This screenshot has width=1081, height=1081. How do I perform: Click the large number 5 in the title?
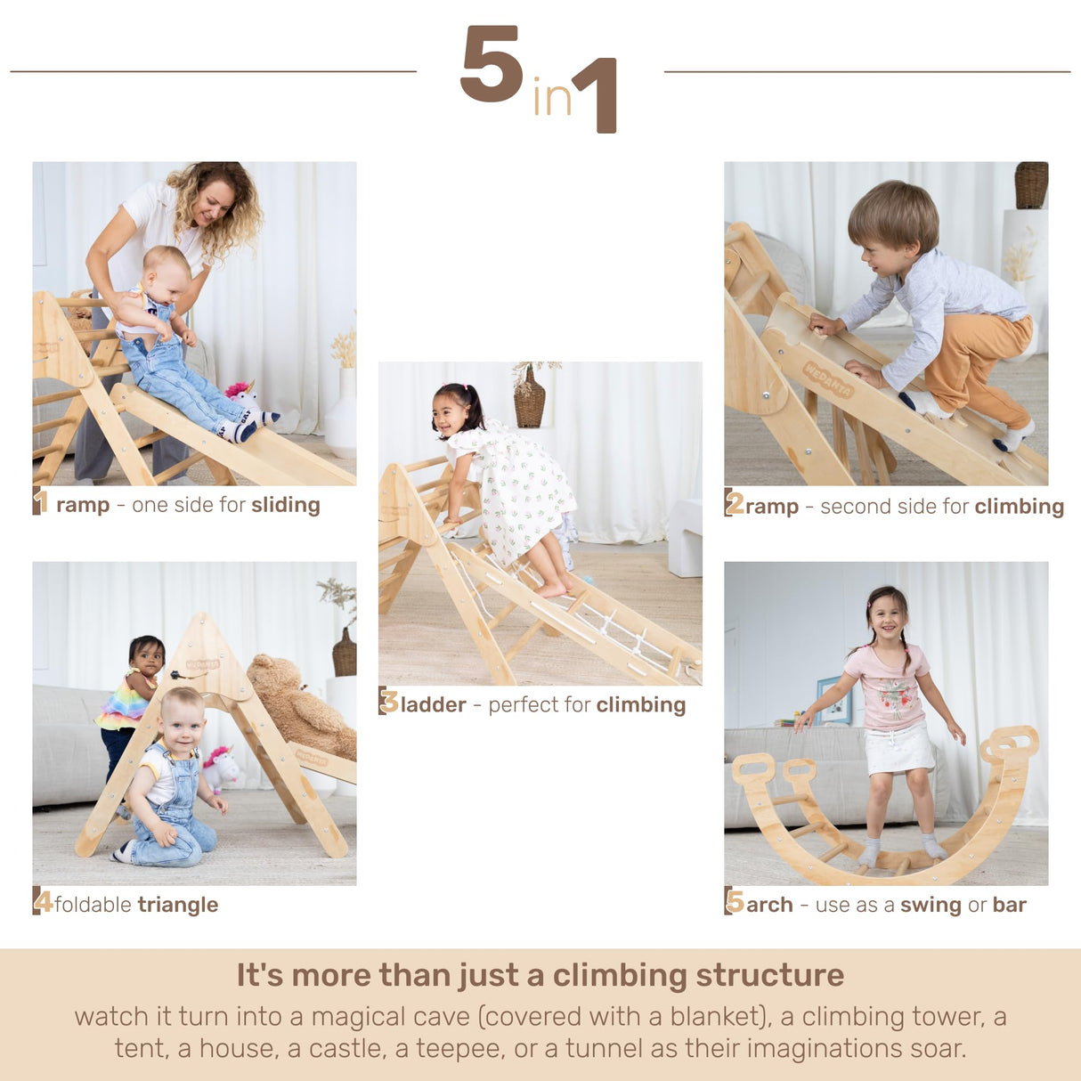(492, 64)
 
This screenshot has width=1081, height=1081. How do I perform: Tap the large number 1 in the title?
(597, 94)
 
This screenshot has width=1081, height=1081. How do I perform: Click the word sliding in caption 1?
(285, 505)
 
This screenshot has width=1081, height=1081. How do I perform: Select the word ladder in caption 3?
(433, 705)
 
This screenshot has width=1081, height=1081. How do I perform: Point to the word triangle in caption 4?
(177, 905)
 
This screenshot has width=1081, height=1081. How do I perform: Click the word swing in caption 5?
(931, 906)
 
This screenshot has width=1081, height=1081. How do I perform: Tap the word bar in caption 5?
(1009, 905)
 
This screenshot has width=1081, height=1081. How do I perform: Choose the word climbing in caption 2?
(1019, 507)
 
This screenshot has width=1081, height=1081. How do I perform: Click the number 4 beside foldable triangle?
(43, 901)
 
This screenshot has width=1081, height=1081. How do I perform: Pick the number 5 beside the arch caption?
(735, 901)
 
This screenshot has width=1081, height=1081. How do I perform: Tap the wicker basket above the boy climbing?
(1031, 184)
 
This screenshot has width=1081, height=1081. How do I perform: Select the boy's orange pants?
(979, 361)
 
